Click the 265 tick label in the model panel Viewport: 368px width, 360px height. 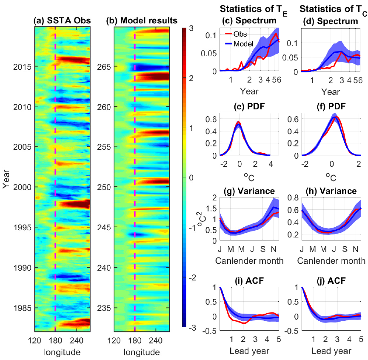[103, 67]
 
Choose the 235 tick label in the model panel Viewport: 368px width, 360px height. [103, 308]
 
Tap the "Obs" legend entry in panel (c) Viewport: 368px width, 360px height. [241, 34]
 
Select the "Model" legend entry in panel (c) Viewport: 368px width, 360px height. [244, 43]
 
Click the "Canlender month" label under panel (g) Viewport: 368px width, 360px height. [248, 260]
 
